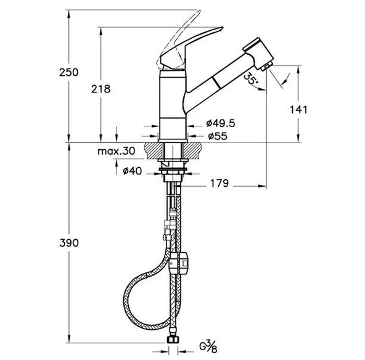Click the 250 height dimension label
point(68,72)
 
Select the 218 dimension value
point(100,89)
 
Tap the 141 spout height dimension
point(298,110)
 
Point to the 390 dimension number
point(69,243)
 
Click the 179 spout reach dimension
point(219,183)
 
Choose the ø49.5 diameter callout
point(221,123)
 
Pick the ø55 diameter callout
point(218,136)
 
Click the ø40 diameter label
point(132,171)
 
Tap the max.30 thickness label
point(117,151)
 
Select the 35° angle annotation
point(250,78)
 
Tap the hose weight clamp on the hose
point(179,263)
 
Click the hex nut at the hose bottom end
point(173,340)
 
